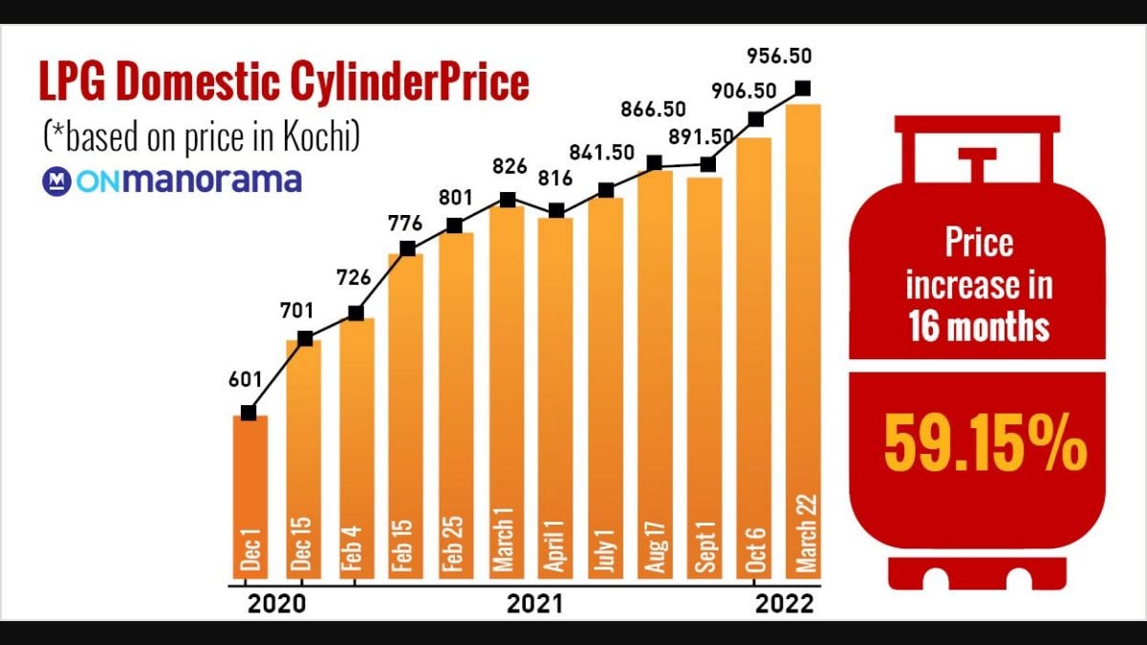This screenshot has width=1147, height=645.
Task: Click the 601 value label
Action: point(246,379)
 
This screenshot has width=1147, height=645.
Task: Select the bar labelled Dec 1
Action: point(249,497)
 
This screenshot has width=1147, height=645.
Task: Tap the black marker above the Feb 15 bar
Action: point(407,248)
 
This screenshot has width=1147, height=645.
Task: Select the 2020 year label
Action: point(275,604)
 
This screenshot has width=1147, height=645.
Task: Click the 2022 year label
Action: point(784,604)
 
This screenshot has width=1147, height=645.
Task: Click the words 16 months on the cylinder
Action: point(979,327)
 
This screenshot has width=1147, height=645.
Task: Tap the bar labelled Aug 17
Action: point(655,373)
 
